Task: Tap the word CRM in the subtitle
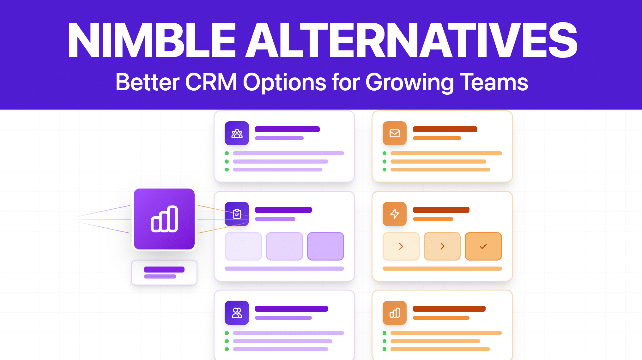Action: pos(211,82)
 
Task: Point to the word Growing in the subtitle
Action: pos(409,82)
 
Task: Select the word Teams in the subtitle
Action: pos(494,82)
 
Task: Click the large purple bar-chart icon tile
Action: pos(164,219)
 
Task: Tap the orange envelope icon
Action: pos(394,133)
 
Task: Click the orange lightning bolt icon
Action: pos(394,214)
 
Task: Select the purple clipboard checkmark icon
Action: pos(237,214)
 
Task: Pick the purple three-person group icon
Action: pos(237,133)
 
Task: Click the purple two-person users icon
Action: pos(237,313)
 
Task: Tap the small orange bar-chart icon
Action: pos(394,313)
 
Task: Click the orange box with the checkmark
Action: pos(483,246)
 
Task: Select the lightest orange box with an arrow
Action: pos(401,246)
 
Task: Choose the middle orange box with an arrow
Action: pos(442,246)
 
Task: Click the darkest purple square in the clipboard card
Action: pos(325,246)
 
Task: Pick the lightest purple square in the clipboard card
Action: pos(243,246)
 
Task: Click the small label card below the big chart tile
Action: pos(164,272)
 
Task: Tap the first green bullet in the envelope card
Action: pos(385,153)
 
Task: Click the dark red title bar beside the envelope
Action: pos(445,129)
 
